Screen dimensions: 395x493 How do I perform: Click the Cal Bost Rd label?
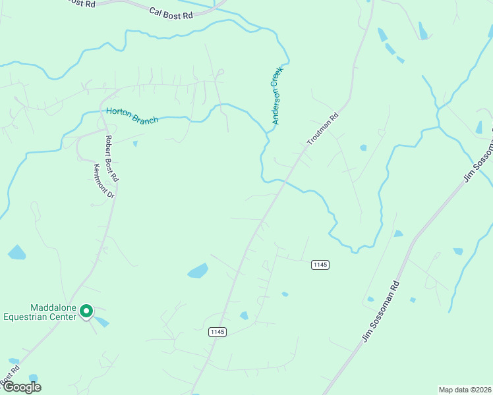click(170, 12)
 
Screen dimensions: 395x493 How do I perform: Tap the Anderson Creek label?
click(277, 95)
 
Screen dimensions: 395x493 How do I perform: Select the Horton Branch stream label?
click(132, 116)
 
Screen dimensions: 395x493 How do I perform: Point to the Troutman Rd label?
click(323, 129)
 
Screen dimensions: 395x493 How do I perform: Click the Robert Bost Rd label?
click(112, 159)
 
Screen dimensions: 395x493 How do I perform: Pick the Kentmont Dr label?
click(104, 181)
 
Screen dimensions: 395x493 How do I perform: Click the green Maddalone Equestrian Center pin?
click(86, 311)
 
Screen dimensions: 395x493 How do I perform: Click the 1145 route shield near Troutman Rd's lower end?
click(218, 332)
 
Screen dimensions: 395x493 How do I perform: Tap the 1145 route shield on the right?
click(320, 265)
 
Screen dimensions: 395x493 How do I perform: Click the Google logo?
click(21, 387)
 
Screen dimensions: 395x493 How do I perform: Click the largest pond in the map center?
click(198, 271)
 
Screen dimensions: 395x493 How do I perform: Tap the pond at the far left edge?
click(16, 252)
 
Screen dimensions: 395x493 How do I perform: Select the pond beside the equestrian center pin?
click(101, 321)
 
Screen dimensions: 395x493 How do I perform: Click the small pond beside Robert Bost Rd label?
click(135, 144)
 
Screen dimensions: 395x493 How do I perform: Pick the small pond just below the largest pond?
click(244, 316)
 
